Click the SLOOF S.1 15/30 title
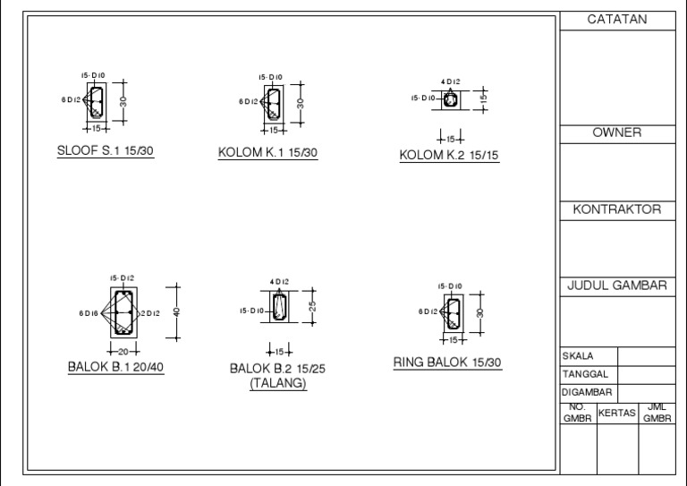[x=106, y=150]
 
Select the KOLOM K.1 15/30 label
[x=267, y=152]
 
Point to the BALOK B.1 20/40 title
[x=116, y=367]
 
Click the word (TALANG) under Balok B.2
[x=277, y=384]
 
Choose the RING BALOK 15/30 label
[x=448, y=362]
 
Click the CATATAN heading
[x=616, y=20]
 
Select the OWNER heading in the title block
[x=616, y=132]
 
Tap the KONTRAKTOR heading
[x=616, y=209]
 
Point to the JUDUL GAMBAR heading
[x=616, y=286]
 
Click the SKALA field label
[x=578, y=355]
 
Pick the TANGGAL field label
[x=585, y=373]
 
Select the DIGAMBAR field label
[x=587, y=392]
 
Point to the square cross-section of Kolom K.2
[x=451, y=99]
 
